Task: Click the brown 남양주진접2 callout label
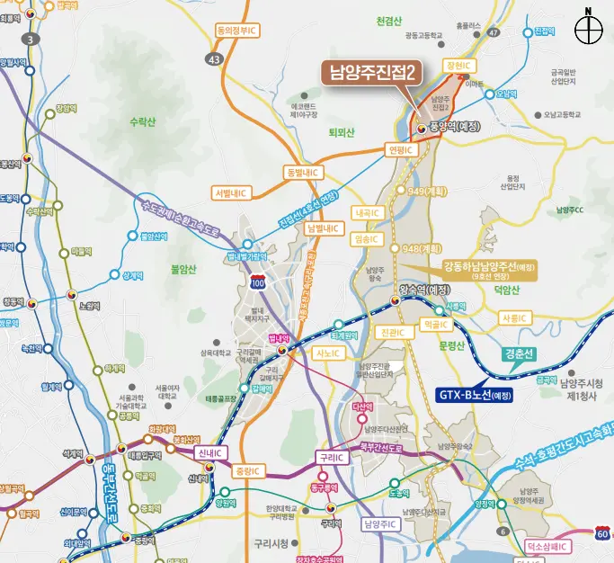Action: point(371,73)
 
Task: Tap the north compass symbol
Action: point(588,29)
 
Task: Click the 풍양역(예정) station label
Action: point(455,127)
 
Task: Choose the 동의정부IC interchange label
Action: point(236,30)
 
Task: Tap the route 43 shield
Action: point(214,58)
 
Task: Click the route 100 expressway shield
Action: point(258,283)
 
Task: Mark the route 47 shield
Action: point(494,32)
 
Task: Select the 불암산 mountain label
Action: point(182,268)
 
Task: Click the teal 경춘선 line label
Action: point(519,353)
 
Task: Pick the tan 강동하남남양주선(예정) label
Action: point(489,266)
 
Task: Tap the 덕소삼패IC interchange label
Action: point(544,545)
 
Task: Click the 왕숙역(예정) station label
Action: point(423,289)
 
